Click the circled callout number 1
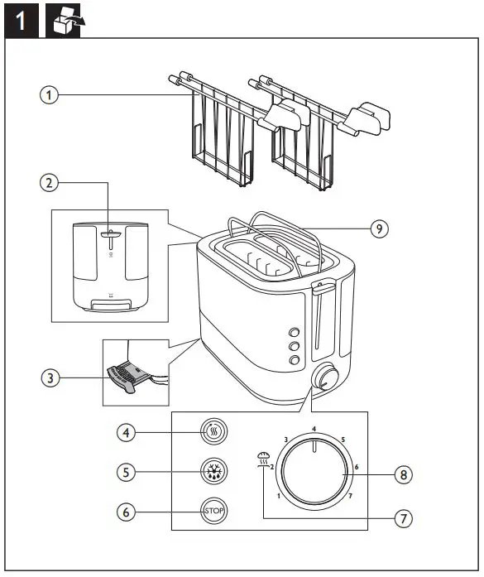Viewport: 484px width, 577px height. pos(51,95)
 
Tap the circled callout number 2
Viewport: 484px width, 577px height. pos(51,182)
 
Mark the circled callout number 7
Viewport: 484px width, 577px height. pos(403,518)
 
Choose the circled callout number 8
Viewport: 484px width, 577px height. pos(403,475)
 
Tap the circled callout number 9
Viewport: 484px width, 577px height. pos(378,228)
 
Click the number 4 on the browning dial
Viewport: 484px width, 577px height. pos(314,428)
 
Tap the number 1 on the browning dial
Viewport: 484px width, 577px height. pos(279,497)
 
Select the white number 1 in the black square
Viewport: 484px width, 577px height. pos(23,19)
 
